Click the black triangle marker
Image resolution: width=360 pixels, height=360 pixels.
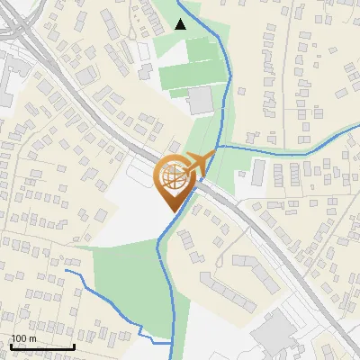coord(181,24)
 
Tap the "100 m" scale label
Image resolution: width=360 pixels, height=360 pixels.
coord(23,338)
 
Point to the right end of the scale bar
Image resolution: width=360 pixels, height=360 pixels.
coord(74,346)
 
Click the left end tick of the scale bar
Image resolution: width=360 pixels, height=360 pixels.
coord(11,346)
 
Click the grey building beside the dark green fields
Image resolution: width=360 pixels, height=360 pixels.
coord(201,100)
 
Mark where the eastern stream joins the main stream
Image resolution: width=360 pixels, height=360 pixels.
coord(218,147)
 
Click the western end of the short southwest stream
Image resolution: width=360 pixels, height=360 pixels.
coord(67,270)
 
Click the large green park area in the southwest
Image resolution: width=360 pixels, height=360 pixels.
coord(126,279)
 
